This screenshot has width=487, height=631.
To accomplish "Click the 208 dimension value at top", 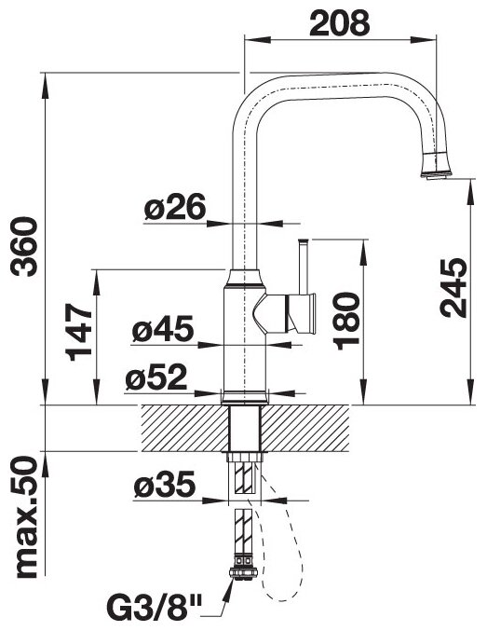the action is tap(340, 23).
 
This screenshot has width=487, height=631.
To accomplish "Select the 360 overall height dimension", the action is tap(24, 246).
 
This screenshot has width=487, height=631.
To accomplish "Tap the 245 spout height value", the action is tap(453, 288).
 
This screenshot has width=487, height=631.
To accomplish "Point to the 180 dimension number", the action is tap(345, 321).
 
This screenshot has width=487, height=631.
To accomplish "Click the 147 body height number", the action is tap(78, 332).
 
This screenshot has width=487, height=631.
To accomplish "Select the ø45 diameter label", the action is tap(163, 328).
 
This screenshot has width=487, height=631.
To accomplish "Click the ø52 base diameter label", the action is tap(156, 377).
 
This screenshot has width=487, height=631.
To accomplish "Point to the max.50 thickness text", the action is tap(25, 517).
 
